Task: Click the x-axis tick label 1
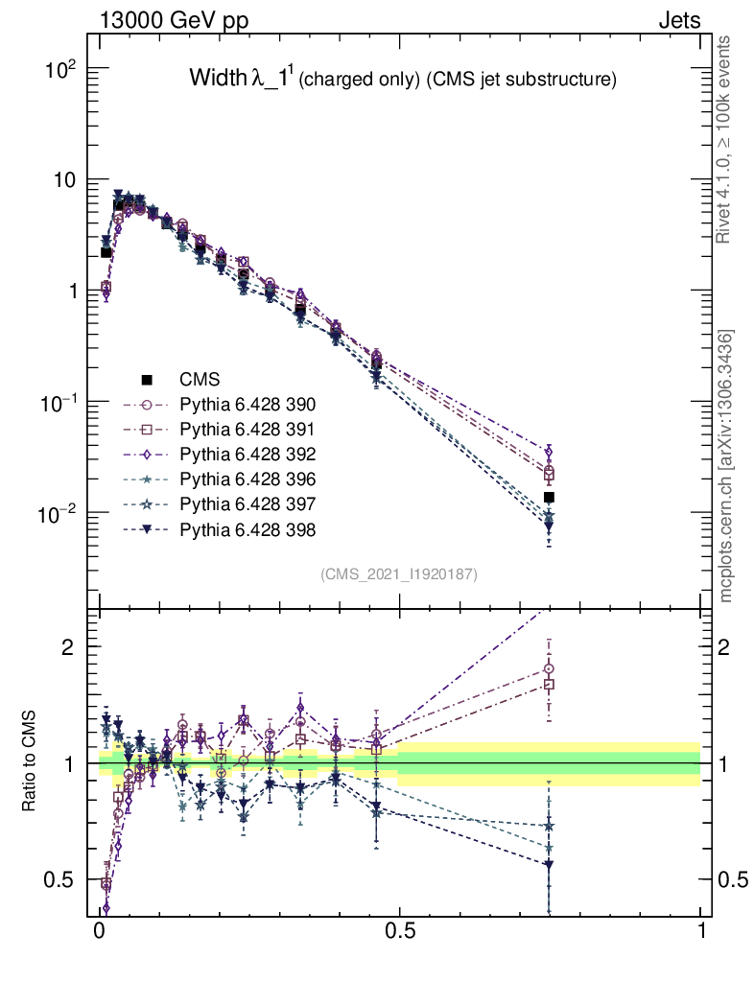[x=701, y=931]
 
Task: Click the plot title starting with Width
[x=402, y=80]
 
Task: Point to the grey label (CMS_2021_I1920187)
[x=399, y=573]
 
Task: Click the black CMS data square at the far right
[x=549, y=497]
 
